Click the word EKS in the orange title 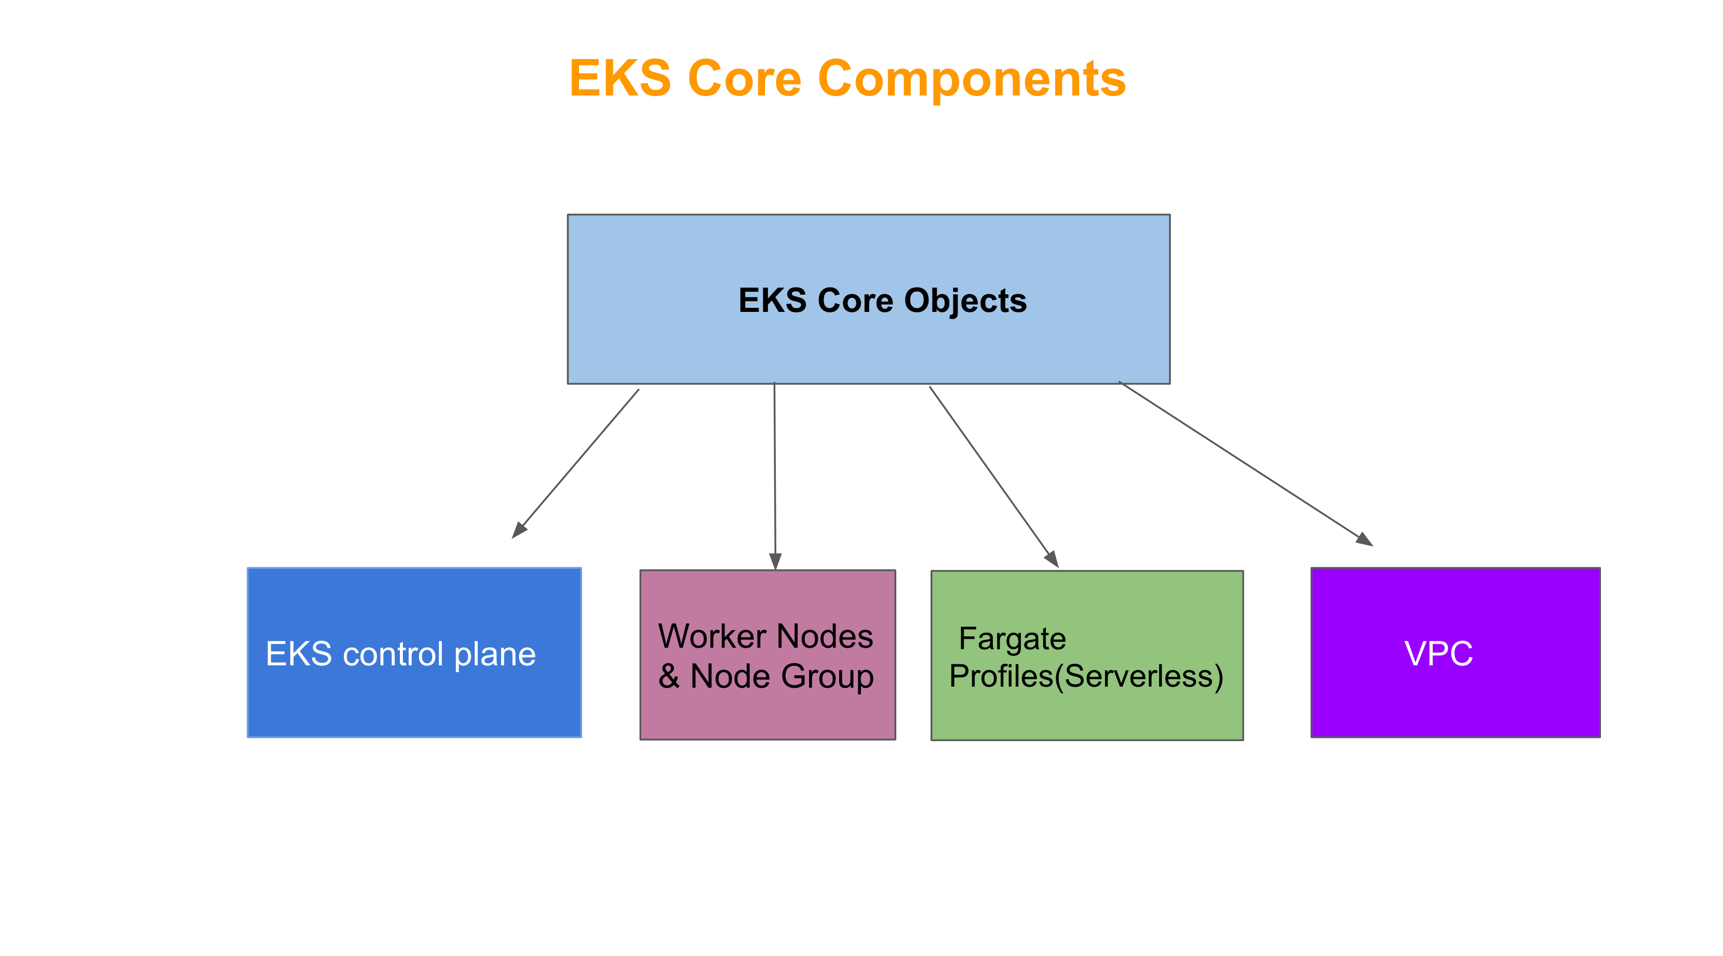[x=620, y=79]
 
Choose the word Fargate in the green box [x=1012, y=638]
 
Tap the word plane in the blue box [x=495, y=654]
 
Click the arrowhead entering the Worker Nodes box [x=775, y=561]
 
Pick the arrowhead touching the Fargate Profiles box [x=1052, y=559]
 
